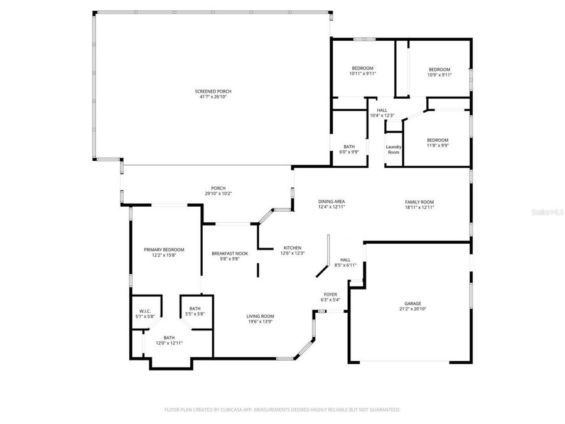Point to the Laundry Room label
(393, 149)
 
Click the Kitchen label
(292, 247)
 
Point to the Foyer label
(330, 294)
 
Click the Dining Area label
(331, 202)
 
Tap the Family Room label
(419, 202)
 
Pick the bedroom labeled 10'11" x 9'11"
(362, 68)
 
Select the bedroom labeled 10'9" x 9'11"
(439, 70)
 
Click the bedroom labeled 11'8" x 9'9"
(438, 140)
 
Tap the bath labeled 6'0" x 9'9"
(349, 146)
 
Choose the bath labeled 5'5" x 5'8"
(195, 308)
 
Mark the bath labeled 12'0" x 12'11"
(169, 337)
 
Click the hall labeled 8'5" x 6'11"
(345, 259)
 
